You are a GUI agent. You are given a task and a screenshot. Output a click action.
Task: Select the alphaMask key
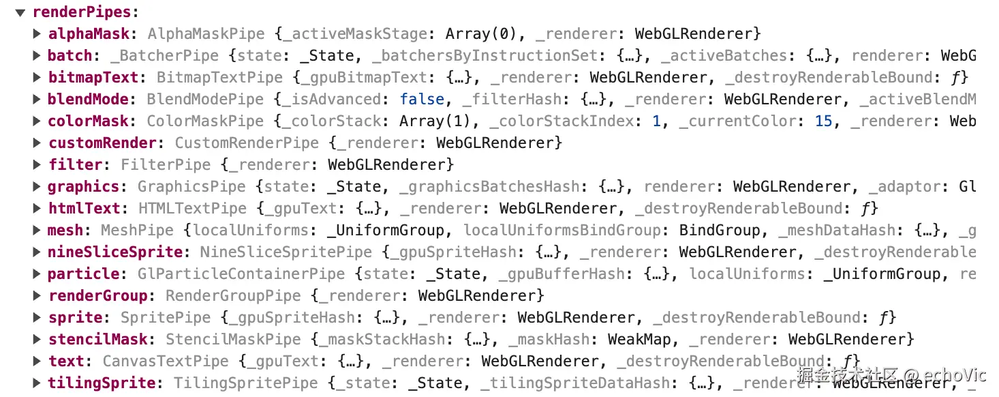[x=88, y=33]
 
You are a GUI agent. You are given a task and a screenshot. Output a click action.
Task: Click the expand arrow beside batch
[x=37, y=55]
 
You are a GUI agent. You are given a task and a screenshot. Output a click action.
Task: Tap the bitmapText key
[x=93, y=77]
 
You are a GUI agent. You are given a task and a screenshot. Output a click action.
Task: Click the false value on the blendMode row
[x=422, y=99]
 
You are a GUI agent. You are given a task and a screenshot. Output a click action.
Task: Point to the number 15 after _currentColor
[x=823, y=121]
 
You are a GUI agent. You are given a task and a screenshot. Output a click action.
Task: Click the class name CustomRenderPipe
[x=247, y=143]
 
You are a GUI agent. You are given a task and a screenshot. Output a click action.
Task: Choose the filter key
[x=74, y=164]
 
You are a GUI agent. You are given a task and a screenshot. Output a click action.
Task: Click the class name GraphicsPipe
[x=192, y=186]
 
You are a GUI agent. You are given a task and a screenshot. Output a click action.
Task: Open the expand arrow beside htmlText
[x=37, y=208]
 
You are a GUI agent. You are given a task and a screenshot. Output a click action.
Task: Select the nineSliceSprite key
[x=115, y=252]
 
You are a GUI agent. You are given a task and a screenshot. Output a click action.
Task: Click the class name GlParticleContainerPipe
[x=241, y=274]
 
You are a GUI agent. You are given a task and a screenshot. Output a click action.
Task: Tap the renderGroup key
[x=97, y=295]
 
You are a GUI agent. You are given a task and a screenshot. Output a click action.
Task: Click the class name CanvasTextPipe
[x=166, y=361]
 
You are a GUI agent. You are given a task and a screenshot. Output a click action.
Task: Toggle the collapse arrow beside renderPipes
[x=21, y=12]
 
